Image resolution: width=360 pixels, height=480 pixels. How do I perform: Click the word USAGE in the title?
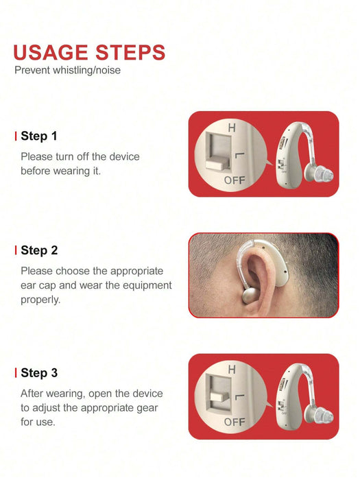coord(51,52)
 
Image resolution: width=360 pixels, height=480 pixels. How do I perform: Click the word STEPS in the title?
coord(130,52)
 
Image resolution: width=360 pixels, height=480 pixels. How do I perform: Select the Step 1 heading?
coord(39,136)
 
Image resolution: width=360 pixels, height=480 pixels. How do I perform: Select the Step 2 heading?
coord(39,250)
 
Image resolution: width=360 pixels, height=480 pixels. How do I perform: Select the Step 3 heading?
coord(39,373)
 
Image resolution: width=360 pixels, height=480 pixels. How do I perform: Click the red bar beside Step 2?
coord(16,250)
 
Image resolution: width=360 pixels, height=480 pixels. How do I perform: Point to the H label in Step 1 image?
coord(232,128)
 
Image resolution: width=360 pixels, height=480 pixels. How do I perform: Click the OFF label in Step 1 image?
coord(235,180)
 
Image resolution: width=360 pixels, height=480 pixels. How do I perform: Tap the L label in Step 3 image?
coord(239,397)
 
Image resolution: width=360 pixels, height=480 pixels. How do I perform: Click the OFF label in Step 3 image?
coord(235,422)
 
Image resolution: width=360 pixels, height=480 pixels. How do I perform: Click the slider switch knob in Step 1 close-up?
coord(217,163)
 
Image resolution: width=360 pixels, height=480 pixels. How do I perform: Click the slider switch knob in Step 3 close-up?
coord(219,397)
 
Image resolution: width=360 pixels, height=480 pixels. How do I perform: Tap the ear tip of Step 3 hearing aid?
coord(319,416)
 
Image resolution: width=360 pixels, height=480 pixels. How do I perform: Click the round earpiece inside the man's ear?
coord(252,296)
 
